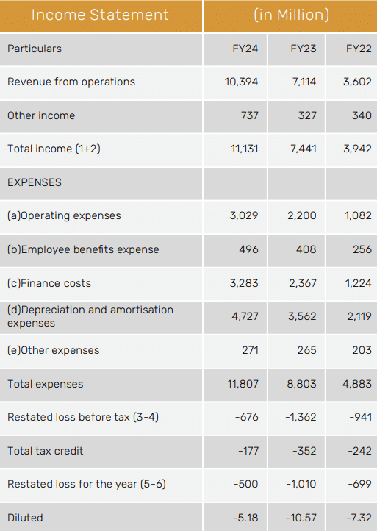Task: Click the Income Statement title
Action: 100,15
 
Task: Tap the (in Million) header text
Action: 291,15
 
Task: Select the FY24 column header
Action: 245,49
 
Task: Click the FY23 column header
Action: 304,49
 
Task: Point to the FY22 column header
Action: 359,49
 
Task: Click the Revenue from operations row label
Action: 71,82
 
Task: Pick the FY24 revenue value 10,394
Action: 241,82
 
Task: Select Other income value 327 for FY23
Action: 307,115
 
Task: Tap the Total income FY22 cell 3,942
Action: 357,149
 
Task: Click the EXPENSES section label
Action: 35,182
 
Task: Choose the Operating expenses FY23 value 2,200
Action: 302,215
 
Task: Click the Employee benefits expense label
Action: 83,249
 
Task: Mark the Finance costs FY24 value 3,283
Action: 244,283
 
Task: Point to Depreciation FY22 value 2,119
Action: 359,316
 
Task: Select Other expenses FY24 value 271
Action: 250,350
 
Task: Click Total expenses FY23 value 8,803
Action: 301,384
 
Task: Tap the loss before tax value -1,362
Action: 301,417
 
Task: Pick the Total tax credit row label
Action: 46,451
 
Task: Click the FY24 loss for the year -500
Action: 245,484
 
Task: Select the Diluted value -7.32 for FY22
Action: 359,518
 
